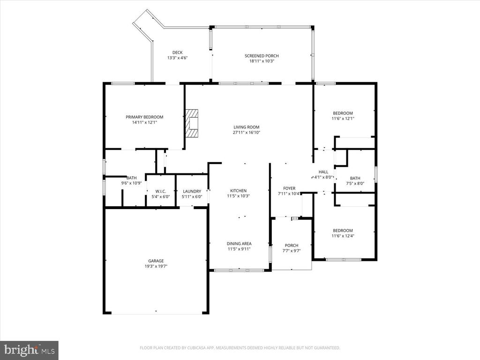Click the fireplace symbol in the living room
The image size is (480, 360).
191,123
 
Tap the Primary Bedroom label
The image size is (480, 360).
144,117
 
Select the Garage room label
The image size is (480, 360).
157,261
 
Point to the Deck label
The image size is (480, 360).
177,52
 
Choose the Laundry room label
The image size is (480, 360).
192,191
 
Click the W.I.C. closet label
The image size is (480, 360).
155,191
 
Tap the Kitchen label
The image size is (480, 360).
238,191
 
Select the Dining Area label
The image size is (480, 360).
239,243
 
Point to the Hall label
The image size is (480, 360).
323,172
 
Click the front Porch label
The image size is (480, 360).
292,245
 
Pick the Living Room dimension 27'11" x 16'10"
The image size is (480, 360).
246,133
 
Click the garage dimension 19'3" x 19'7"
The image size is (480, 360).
157,266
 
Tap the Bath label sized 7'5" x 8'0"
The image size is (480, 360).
355,178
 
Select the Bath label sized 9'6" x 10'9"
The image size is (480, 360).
131,178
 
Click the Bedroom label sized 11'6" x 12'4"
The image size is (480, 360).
343,230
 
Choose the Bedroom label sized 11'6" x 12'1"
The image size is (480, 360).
343,113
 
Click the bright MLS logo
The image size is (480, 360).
29,350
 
